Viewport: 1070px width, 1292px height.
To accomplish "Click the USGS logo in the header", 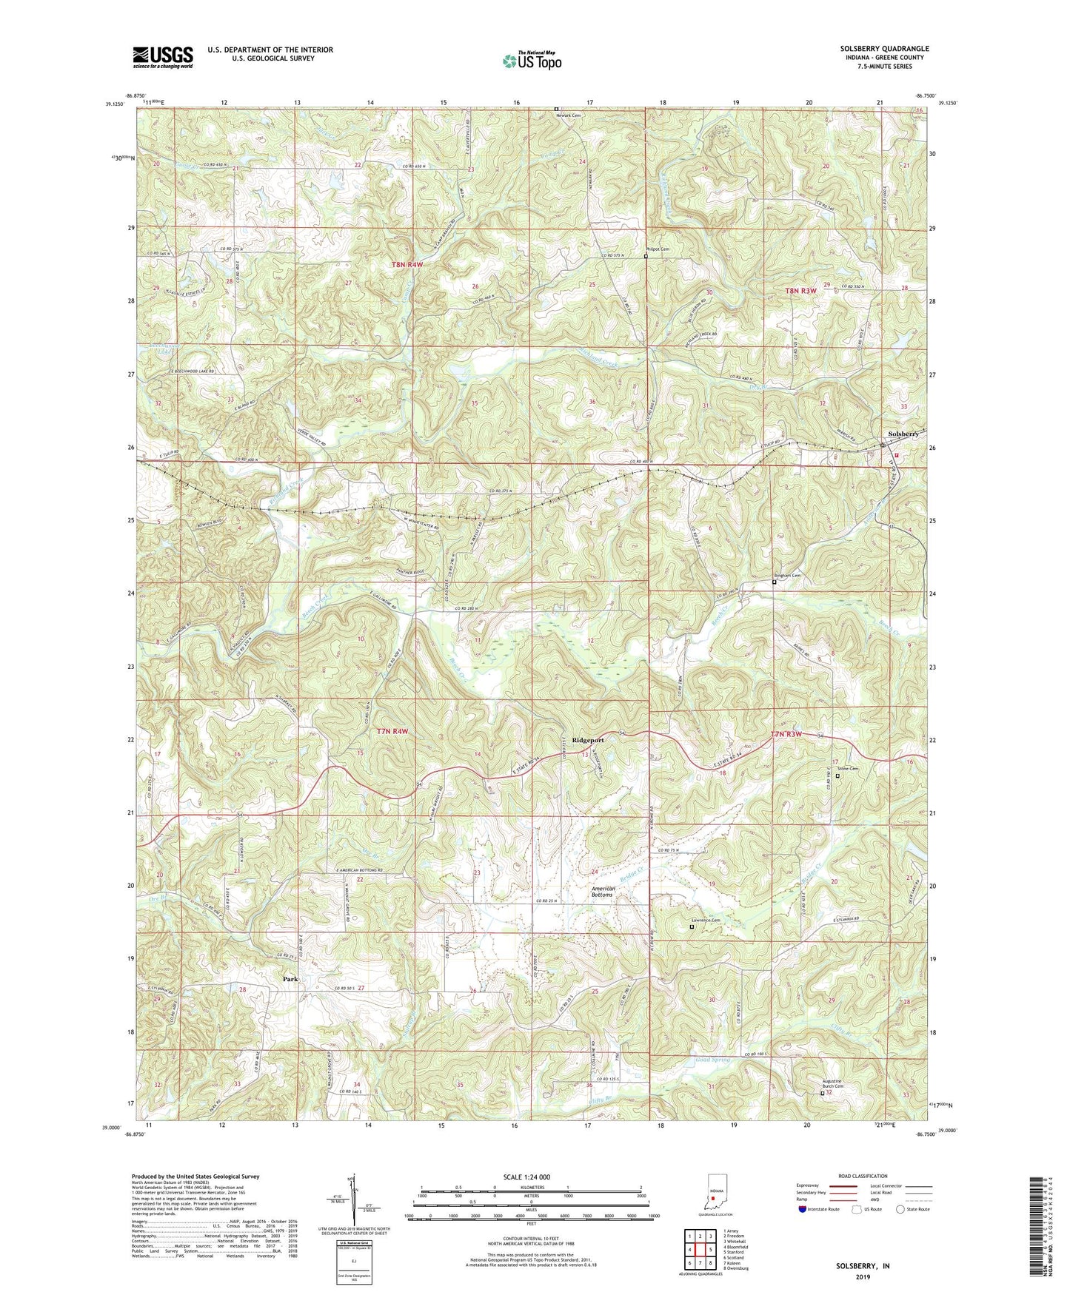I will [x=163, y=57].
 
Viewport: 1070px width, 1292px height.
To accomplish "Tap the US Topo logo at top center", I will [x=531, y=61].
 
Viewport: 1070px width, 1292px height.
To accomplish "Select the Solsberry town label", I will [x=903, y=434].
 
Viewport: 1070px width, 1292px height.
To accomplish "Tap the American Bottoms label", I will [x=602, y=892].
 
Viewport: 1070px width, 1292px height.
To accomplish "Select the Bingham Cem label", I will [x=787, y=576].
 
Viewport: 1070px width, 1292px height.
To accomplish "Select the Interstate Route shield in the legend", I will [x=803, y=1209].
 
